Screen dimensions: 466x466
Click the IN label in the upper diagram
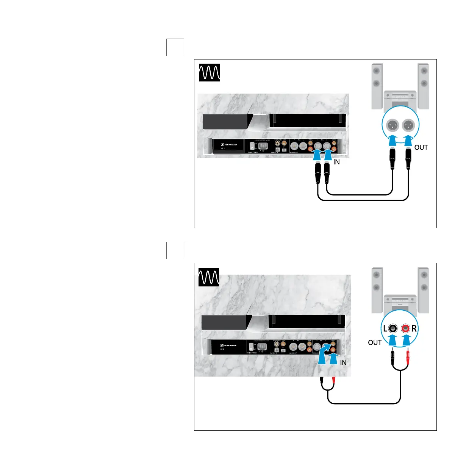[336, 162]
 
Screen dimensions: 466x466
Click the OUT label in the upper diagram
[421, 147]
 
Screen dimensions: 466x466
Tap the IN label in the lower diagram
[343, 363]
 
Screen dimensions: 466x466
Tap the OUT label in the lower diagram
[375, 342]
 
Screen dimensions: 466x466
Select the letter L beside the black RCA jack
[385, 329]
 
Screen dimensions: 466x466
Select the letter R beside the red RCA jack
[414, 329]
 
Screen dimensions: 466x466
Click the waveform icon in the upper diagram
[210, 72]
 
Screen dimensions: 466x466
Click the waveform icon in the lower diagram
[209, 277]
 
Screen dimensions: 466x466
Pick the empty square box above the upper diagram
[175, 47]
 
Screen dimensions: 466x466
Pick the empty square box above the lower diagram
[175, 250]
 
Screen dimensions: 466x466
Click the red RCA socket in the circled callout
[406, 328]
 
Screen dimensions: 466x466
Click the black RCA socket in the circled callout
[393, 328]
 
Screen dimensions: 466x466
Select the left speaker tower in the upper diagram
[376, 86]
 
